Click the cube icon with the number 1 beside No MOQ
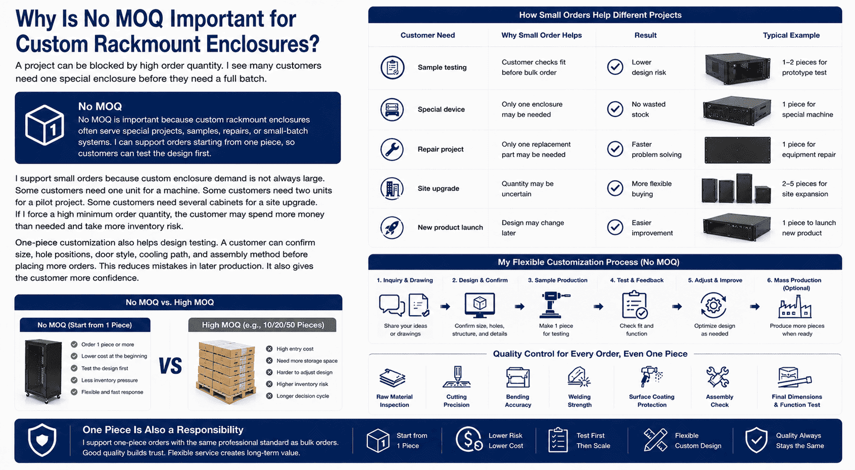point(44,125)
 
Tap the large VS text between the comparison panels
point(170,366)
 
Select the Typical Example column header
point(791,35)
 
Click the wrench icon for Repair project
point(392,149)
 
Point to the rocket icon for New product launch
point(392,227)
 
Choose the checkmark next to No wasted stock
point(615,109)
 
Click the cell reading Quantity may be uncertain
point(527,189)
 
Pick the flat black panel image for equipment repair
point(737,150)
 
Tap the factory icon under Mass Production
point(795,307)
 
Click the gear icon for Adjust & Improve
point(714,305)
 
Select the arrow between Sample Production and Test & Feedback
point(598,307)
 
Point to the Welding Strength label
point(580,401)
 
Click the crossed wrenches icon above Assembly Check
point(718,377)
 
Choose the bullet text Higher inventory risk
point(302,384)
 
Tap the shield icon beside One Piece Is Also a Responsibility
point(42,440)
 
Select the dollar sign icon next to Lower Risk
point(469,440)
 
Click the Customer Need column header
point(428,35)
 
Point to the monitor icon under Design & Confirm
point(480,305)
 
